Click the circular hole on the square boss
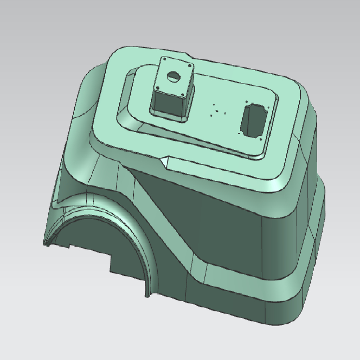(175, 76)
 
